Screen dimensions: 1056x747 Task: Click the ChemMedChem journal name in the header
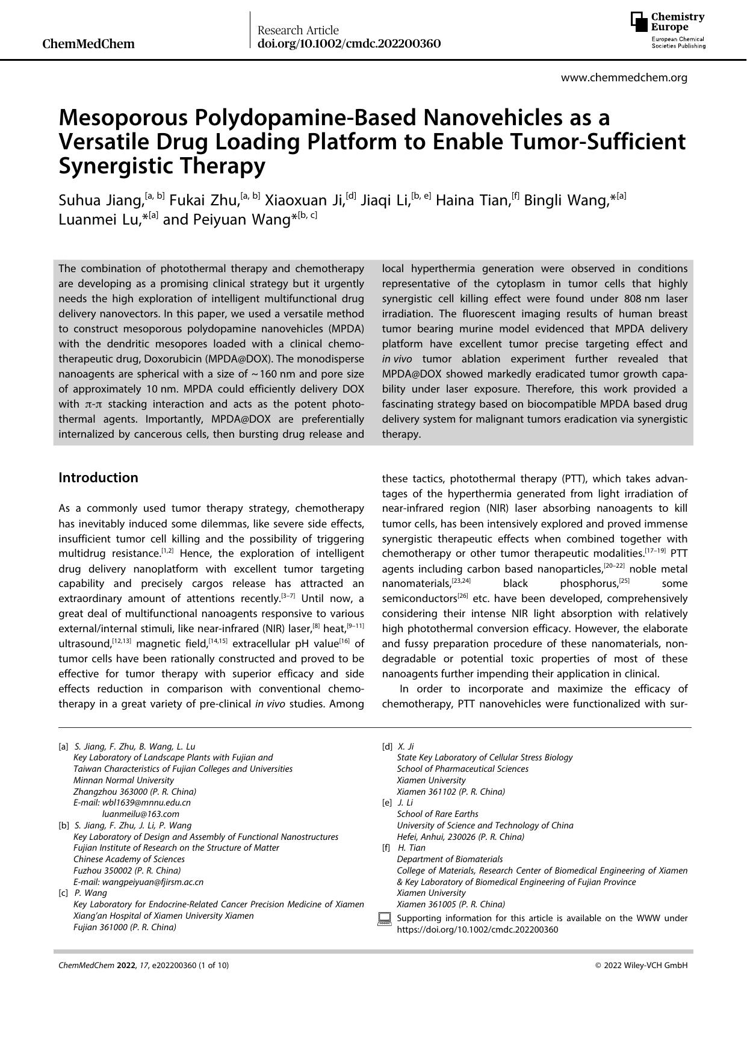(x=89, y=44)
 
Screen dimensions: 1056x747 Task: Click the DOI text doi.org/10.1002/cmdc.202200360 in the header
(x=349, y=44)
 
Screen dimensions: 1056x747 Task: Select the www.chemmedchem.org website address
(x=624, y=78)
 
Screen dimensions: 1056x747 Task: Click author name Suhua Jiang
(x=101, y=200)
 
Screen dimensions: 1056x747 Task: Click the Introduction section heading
(x=98, y=478)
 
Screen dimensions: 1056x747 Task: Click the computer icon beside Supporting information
(x=384, y=919)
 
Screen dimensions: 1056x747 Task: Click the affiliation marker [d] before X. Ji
(x=387, y=747)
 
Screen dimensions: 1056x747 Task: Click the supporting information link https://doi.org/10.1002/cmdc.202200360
(x=477, y=930)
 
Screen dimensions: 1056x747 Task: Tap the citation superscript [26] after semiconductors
(x=462, y=596)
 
